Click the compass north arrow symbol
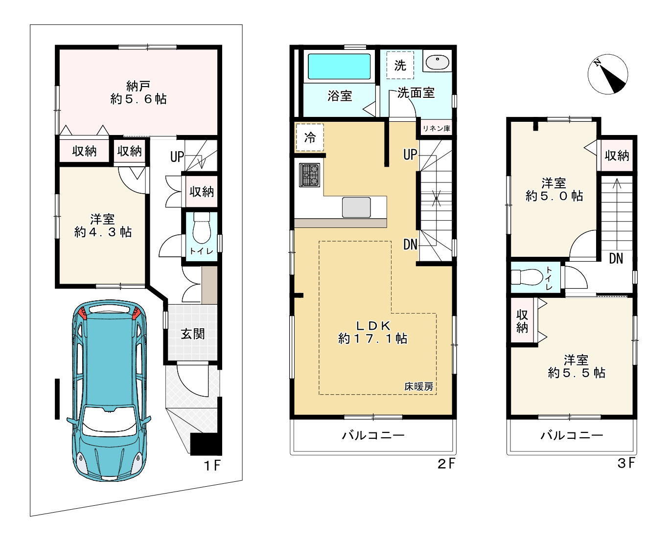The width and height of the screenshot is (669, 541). tap(608, 74)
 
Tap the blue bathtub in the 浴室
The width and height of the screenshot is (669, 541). tap(339, 66)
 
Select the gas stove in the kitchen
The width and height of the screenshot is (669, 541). tap(309, 175)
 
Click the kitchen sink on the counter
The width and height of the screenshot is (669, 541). tap(356, 207)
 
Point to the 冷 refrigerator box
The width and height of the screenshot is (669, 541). tap(310, 137)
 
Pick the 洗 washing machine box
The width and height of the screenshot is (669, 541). tap(400, 66)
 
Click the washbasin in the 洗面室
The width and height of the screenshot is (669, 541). tap(438, 62)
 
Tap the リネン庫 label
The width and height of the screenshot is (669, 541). tap(436, 128)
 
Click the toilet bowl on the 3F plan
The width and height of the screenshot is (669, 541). tap(527, 277)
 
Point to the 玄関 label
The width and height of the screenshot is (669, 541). tap(192, 334)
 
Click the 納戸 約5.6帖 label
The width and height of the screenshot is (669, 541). tap(138, 92)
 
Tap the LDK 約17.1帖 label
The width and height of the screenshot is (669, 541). tap(372, 332)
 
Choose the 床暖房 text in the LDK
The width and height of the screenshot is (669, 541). tap(418, 386)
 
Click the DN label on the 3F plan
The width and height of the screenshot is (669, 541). tap(616, 258)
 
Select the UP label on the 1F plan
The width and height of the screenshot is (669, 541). tap(177, 157)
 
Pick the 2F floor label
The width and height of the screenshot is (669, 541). tap(446, 463)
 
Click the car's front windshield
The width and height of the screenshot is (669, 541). tap(109, 420)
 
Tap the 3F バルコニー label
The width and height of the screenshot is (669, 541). tap(572, 435)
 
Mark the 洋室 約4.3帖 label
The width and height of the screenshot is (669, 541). tap(103, 225)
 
